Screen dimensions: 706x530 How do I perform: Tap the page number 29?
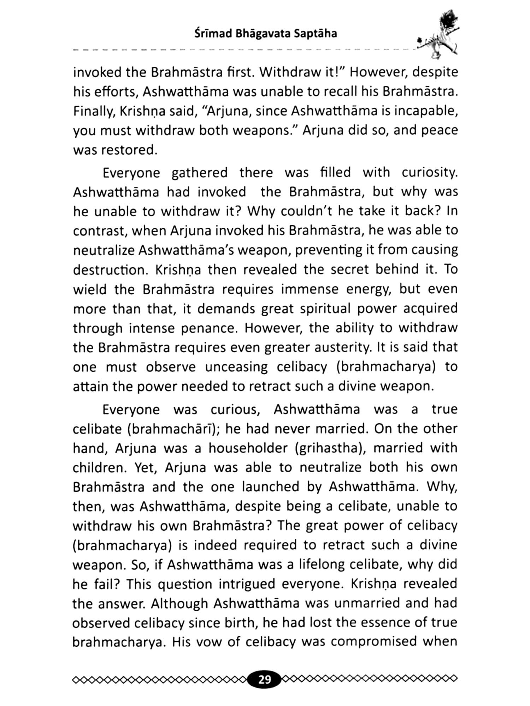[x=264, y=679]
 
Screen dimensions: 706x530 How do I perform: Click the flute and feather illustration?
[x=438, y=35]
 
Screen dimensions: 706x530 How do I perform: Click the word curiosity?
[x=429, y=173]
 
